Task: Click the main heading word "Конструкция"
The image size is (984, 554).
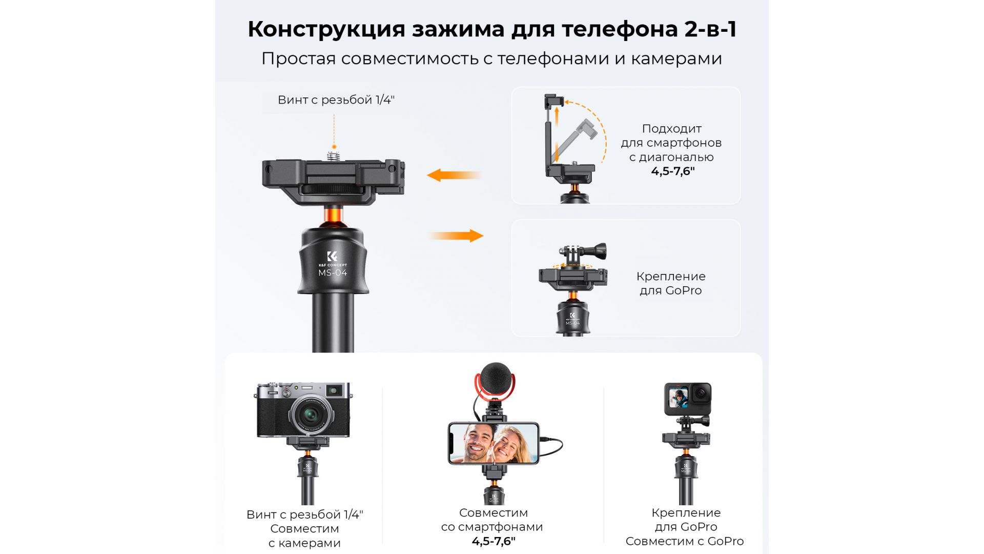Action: [x=326, y=29]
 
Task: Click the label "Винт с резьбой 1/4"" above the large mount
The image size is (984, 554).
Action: [x=336, y=100]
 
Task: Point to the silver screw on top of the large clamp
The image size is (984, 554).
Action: [x=334, y=154]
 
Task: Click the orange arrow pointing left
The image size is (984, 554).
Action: [x=454, y=175]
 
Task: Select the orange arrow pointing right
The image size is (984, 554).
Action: [x=456, y=236]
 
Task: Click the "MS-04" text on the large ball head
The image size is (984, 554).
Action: [x=333, y=272]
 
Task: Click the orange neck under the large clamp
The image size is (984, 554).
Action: [x=333, y=215]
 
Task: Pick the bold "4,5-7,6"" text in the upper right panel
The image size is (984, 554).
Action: [x=673, y=171]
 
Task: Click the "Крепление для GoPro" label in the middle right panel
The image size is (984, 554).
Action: [x=671, y=283]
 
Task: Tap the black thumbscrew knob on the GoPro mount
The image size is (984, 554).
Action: [x=598, y=251]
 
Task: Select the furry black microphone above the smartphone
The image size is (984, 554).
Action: [x=495, y=378]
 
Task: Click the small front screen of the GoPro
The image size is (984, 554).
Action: [x=679, y=399]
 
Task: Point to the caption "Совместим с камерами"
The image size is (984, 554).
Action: [x=304, y=536]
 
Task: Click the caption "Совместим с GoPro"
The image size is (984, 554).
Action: [x=685, y=541]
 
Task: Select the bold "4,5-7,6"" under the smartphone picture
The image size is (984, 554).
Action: [x=494, y=541]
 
